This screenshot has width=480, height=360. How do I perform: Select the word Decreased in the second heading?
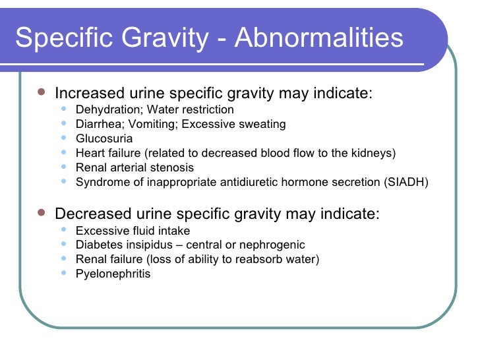[89, 214]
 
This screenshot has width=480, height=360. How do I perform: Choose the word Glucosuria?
[104, 138]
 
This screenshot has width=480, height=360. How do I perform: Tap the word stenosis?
[173, 167]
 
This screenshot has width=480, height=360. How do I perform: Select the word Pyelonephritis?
[113, 273]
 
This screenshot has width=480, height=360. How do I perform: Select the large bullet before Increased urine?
[42, 92]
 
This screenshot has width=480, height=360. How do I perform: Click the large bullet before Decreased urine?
[42, 214]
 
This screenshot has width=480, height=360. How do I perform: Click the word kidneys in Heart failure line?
[371, 153]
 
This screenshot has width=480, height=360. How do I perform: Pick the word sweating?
[264, 124]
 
